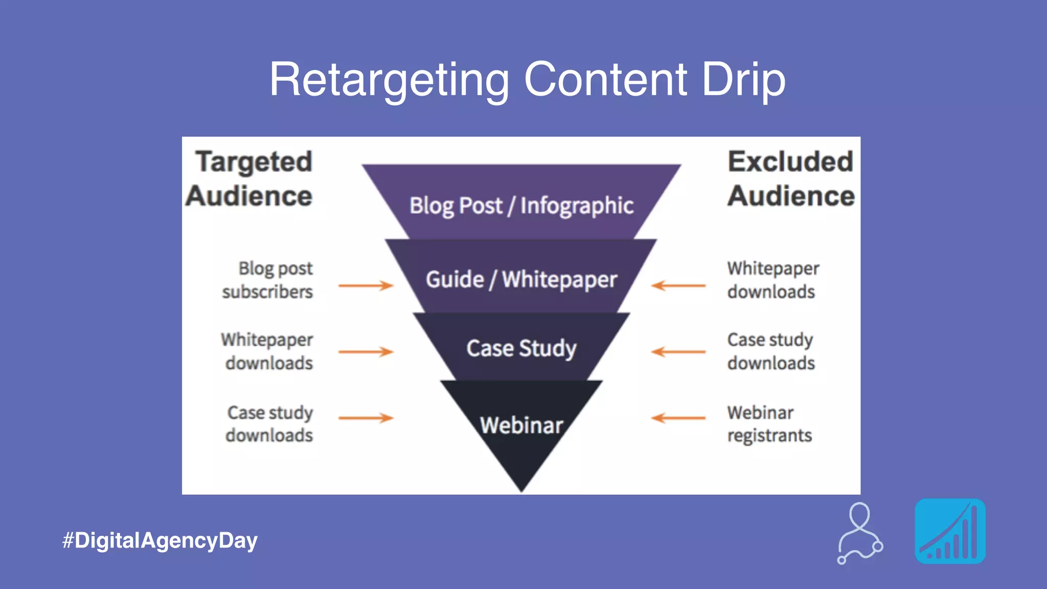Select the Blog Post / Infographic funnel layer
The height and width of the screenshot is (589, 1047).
521,206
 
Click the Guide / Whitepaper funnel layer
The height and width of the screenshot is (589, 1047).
521,280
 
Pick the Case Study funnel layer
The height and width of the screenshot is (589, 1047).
521,348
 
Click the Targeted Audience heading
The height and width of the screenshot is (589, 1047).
249,179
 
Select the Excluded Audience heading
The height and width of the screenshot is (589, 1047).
791,179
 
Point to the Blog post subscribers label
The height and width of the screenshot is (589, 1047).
267,280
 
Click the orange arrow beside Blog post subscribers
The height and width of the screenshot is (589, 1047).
366,285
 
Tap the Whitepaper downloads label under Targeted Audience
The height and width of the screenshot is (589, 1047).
267,351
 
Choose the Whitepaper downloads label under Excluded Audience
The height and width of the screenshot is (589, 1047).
772,280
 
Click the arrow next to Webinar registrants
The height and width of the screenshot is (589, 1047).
678,418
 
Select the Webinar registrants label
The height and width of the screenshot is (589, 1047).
769,424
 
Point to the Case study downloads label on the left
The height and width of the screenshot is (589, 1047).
269,424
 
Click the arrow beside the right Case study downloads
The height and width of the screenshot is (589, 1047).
678,352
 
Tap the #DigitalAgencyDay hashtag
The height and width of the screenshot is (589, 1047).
160,540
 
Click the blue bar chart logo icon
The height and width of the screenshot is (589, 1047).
950,531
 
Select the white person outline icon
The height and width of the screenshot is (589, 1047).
860,533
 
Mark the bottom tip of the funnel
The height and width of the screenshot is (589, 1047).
521,488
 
